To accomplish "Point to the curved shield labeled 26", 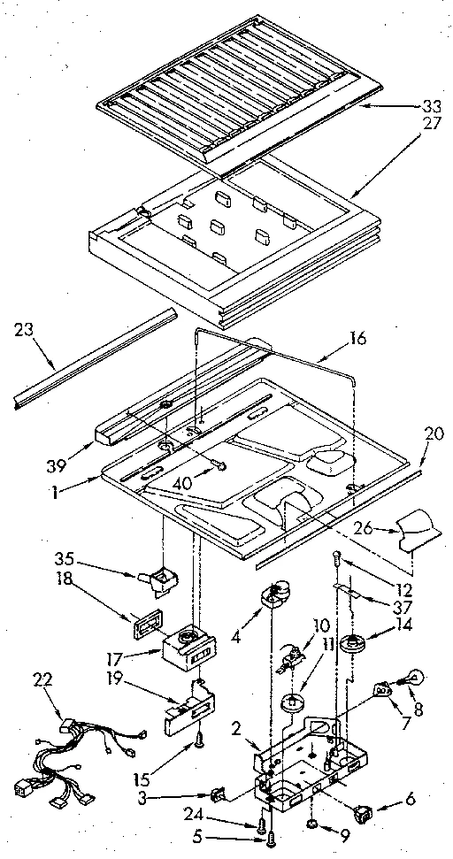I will [418, 531].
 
